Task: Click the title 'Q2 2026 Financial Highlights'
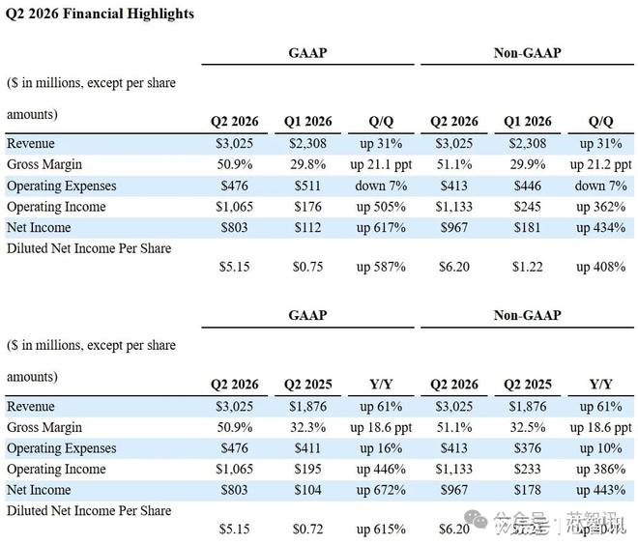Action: click(x=100, y=14)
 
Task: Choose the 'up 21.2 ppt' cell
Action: click(x=599, y=164)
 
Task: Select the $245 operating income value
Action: click(x=527, y=207)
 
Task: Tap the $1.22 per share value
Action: click(x=527, y=267)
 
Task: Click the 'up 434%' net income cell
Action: click(x=600, y=228)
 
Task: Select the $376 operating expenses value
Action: click(x=527, y=448)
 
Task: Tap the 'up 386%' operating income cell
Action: click(x=600, y=470)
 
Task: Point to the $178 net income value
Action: click(x=527, y=491)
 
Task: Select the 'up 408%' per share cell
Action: click(x=600, y=267)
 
